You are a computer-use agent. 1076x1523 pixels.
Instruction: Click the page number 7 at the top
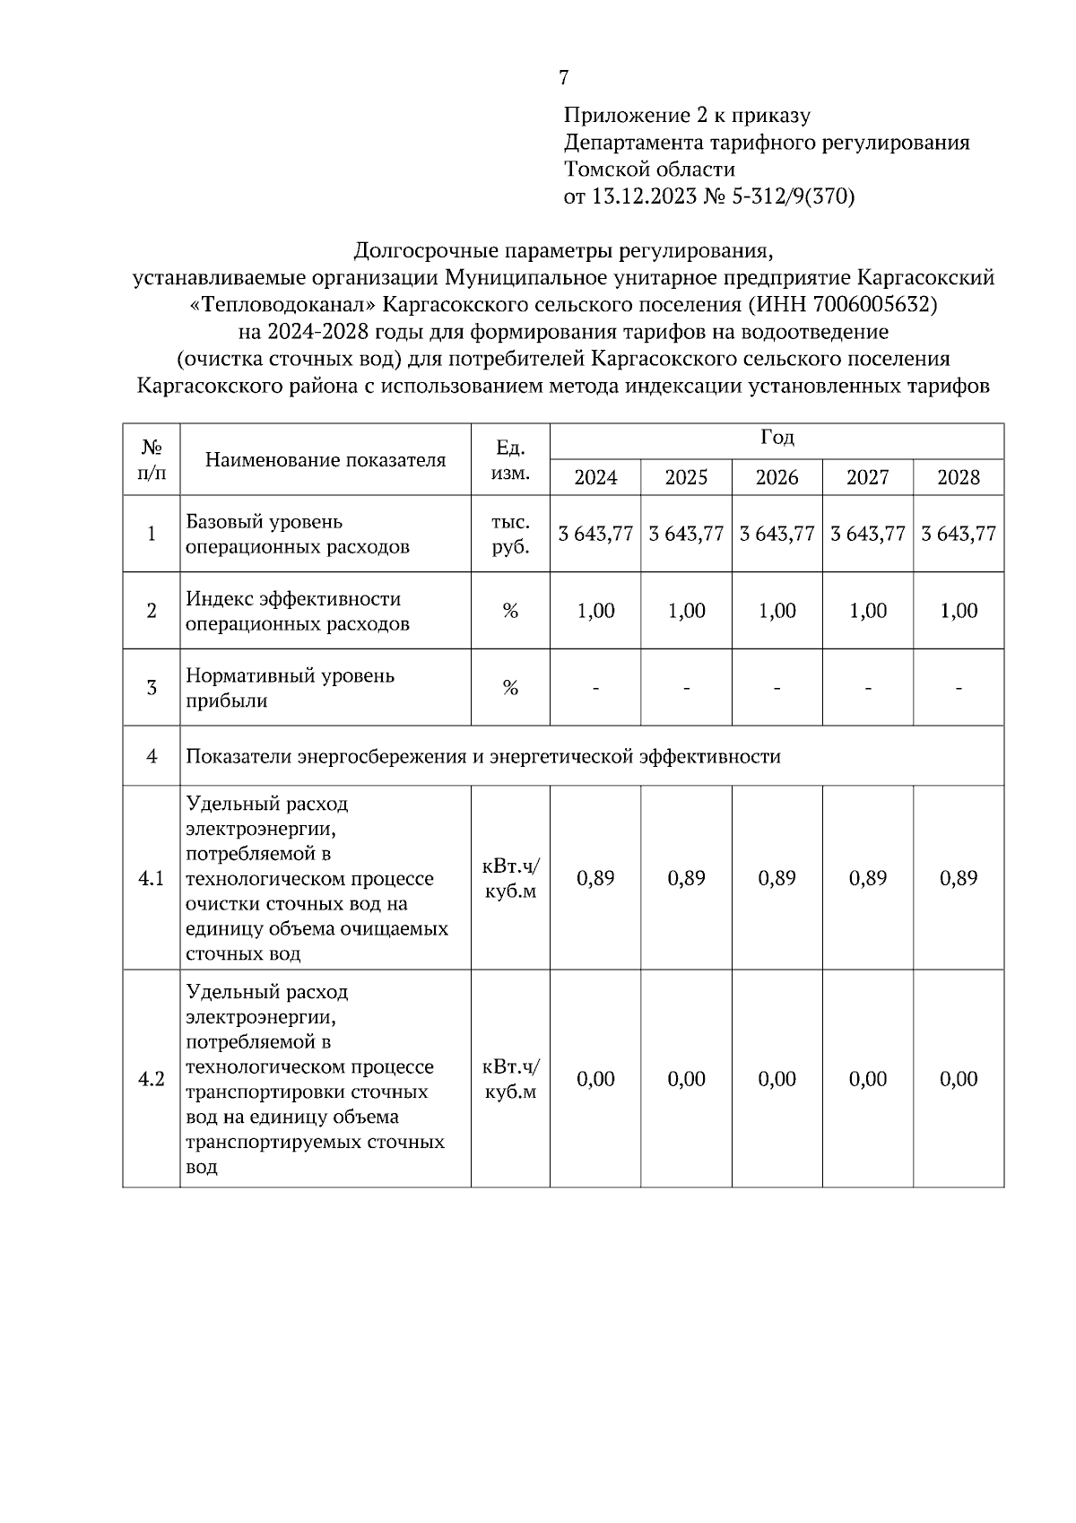tap(564, 78)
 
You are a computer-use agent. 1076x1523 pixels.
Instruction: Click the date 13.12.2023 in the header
tap(643, 196)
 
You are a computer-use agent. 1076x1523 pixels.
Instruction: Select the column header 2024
tap(595, 477)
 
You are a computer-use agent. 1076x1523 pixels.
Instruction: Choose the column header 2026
tap(777, 477)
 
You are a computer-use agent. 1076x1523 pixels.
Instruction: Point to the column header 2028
tap(959, 477)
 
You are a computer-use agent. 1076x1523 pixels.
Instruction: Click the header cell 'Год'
tap(777, 439)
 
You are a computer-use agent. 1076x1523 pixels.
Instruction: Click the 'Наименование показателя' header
tap(325, 460)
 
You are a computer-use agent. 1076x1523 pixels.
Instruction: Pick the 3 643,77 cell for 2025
tap(686, 534)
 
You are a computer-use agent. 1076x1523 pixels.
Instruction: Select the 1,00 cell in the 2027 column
tap(868, 611)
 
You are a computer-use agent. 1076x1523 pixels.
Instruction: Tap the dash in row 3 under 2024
tap(595, 689)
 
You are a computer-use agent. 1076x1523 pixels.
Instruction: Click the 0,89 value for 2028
tap(959, 878)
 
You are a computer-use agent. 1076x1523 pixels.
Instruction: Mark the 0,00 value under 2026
tap(777, 1079)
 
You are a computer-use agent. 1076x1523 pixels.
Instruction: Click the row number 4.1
tap(151, 878)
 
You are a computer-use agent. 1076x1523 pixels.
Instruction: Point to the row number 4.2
tap(151, 1079)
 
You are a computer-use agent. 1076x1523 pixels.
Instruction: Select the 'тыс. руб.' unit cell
tap(510, 534)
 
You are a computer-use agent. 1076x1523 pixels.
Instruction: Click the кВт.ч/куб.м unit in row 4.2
tap(510, 1079)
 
